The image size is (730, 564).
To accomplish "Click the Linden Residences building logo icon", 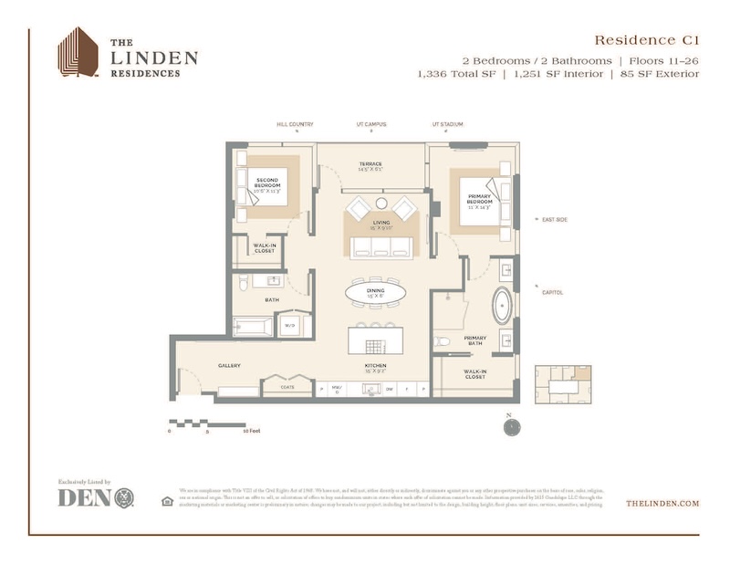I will point(78,52).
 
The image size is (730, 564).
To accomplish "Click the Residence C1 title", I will point(646,39).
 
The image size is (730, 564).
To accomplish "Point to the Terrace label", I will point(370,166).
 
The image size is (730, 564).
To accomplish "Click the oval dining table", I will point(375,293).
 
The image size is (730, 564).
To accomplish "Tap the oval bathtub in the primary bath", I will point(502,307).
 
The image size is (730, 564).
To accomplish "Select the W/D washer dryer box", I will point(290,325).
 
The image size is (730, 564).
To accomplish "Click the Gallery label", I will point(228,365).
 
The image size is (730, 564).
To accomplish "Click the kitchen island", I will point(376,343).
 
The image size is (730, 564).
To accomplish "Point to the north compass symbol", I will point(512,425).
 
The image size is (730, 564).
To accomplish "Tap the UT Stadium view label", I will point(448,124).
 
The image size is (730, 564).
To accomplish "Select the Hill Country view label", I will point(295,124).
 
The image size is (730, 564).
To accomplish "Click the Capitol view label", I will point(553,293).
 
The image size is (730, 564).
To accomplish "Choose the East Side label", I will point(555,220).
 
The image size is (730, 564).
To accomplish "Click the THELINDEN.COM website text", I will point(662,503).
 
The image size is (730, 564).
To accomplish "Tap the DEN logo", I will point(97,497).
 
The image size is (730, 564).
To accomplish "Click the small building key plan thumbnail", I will point(562,384).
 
